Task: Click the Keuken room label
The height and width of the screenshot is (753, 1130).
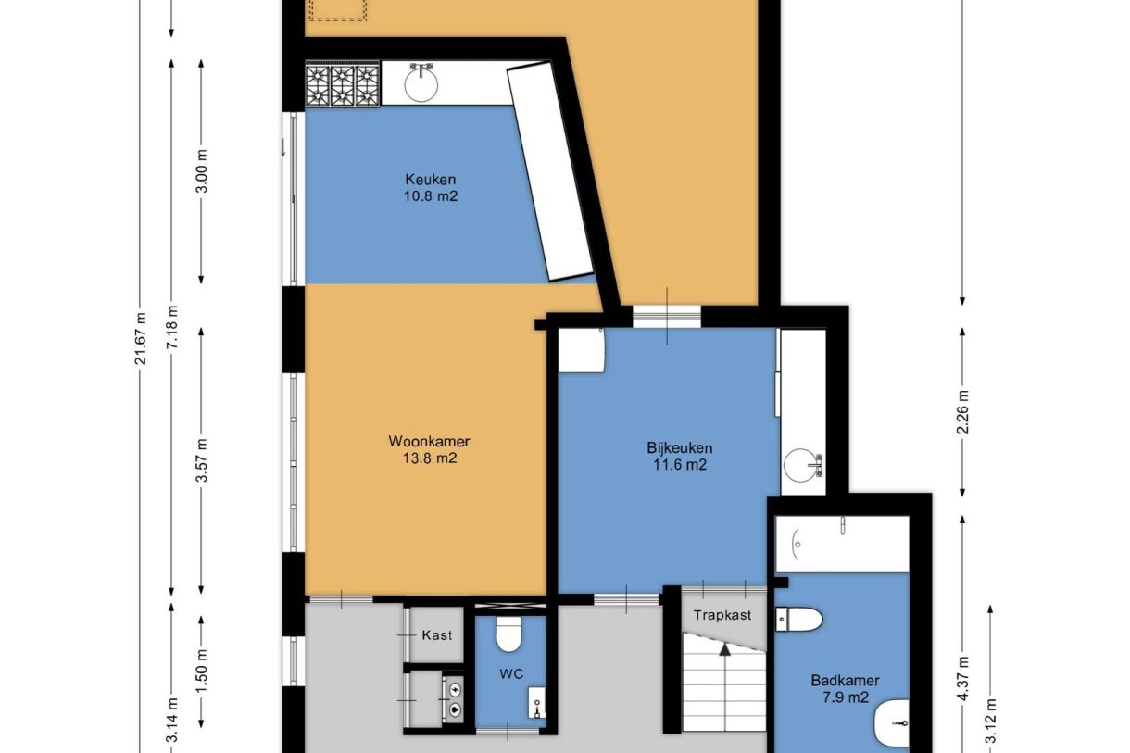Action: click(431, 179)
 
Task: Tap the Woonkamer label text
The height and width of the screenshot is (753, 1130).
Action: click(423, 441)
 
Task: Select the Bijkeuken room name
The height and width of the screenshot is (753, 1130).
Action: click(679, 448)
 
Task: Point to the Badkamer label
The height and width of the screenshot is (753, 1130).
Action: click(844, 681)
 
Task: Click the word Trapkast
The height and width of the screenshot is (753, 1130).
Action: click(722, 614)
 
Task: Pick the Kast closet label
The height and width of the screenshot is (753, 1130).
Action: click(437, 634)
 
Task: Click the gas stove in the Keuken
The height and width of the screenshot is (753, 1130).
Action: click(344, 85)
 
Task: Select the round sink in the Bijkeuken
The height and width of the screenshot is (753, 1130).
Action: click(801, 464)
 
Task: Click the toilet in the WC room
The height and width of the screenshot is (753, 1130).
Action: click(508, 634)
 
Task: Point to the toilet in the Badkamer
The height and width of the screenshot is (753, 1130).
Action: click(798, 619)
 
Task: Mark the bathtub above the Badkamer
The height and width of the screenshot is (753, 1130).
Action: click(841, 544)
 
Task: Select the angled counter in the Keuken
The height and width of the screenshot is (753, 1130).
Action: click(549, 173)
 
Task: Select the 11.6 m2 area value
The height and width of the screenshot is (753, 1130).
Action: click(679, 465)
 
